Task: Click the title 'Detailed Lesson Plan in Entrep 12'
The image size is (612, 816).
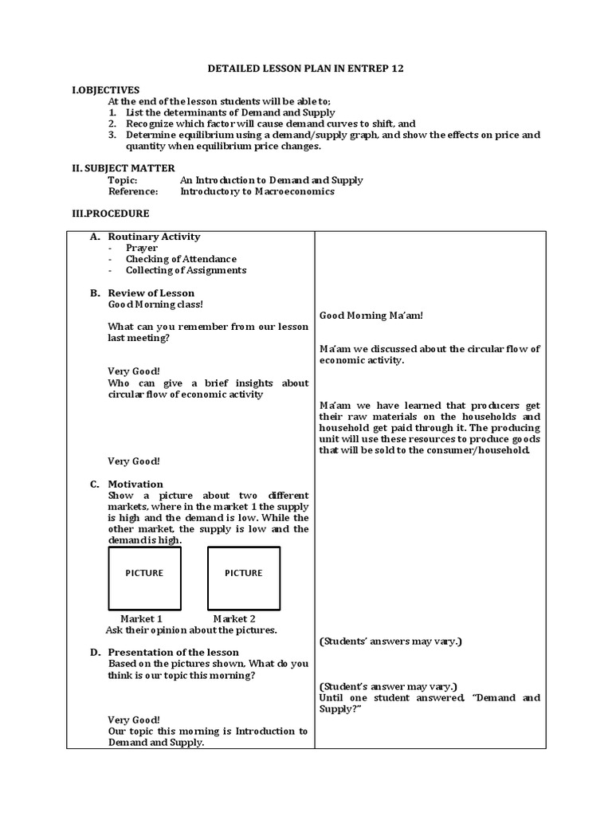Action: [x=306, y=69]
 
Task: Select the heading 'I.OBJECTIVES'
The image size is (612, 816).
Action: [x=105, y=90]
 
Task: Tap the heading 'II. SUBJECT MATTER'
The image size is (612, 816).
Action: [x=120, y=168]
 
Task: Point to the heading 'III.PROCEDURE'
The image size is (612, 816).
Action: [x=110, y=214]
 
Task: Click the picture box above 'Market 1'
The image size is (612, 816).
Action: [x=144, y=578]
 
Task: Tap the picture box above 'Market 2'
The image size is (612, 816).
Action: [x=243, y=578]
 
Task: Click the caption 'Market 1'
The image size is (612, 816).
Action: [x=142, y=618]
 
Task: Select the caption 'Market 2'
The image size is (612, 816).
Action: [x=234, y=618]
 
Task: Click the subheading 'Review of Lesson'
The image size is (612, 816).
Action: [x=151, y=293]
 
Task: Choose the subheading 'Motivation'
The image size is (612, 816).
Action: [x=135, y=484]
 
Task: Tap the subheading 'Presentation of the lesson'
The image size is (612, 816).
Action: [x=173, y=653]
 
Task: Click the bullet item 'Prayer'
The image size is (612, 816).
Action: [x=142, y=248]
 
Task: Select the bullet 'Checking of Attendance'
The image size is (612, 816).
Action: [x=181, y=259]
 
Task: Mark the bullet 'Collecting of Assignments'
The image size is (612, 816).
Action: [x=186, y=270]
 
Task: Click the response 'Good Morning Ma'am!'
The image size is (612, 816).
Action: [x=371, y=316]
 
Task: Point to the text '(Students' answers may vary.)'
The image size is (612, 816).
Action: [x=390, y=641]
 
